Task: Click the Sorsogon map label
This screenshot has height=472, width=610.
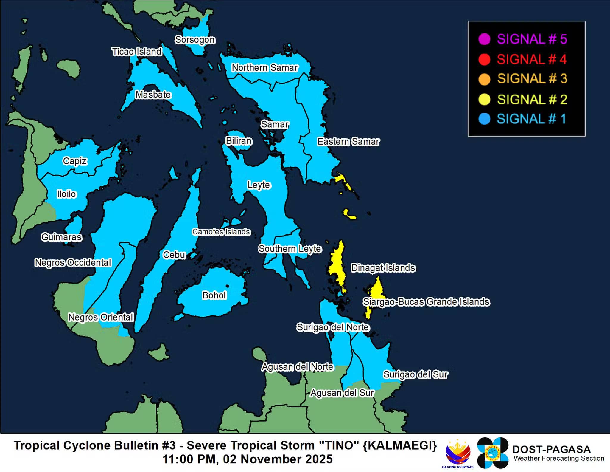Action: [x=195, y=40]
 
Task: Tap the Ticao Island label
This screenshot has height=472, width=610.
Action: [x=137, y=52]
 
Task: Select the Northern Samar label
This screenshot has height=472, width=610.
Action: [x=265, y=68]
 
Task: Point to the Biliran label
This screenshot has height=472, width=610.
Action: [x=239, y=141]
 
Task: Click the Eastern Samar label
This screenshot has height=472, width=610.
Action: [x=348, y=142]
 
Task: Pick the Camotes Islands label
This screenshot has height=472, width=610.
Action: [x=221, y=232]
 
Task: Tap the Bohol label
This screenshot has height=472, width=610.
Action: [x=214, y=295]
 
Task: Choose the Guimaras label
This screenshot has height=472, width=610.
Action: [x=61, y=237]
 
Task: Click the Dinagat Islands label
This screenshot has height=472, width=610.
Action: [x=383, y=268]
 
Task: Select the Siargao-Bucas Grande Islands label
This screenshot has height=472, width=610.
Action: [x=426, y=302]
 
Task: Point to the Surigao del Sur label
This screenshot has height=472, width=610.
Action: [x=415, y=374]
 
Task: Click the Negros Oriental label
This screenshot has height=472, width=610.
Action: [x=101, y=317]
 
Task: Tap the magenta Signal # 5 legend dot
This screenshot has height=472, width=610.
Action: [x=484, y=39]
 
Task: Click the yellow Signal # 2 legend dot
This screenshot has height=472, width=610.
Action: [x=484, y=99]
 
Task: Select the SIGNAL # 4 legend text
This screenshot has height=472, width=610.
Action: [x=532, y=59]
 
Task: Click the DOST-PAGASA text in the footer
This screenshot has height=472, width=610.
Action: [x=551, y=449]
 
